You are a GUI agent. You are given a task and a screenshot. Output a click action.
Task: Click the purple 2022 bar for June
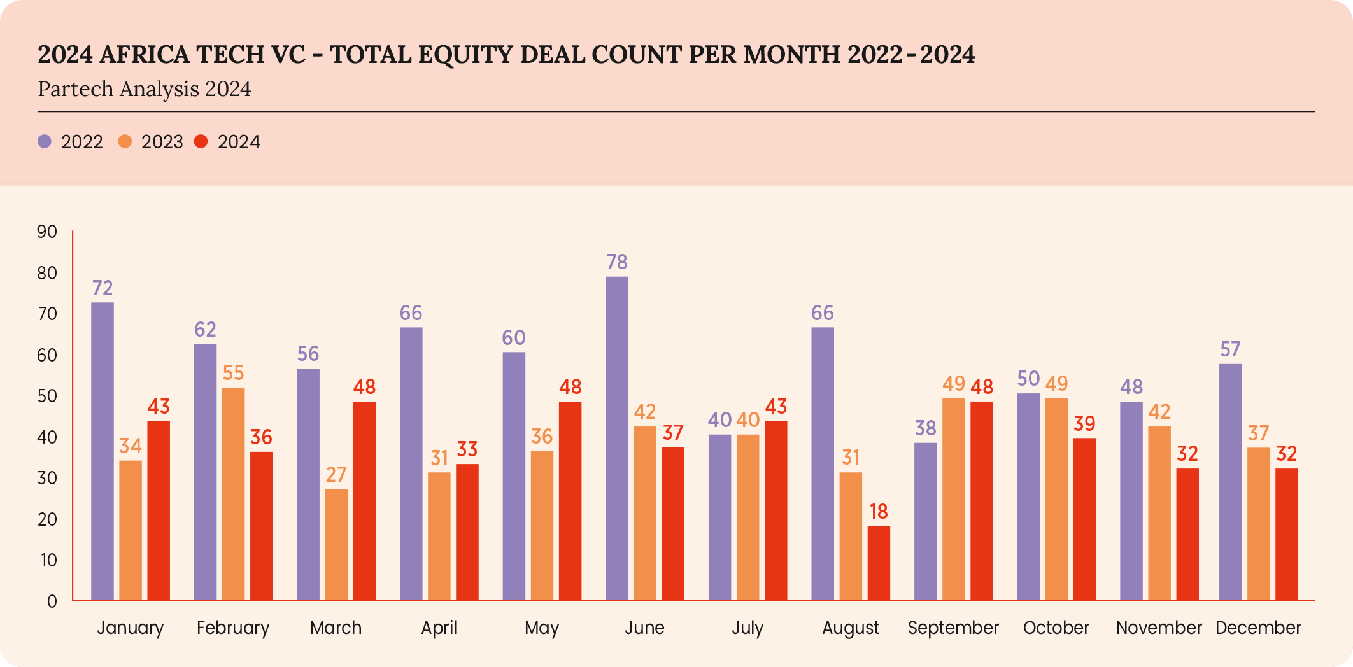[x=616, y=439]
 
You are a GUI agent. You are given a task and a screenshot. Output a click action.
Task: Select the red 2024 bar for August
[x=879, y=563]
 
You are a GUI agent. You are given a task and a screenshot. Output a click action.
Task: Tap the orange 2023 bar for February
[x=233, y=494]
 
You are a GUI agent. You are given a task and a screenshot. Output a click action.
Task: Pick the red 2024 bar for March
[x=364, y=501]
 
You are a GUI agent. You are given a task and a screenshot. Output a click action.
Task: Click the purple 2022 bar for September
[x=925, y=522]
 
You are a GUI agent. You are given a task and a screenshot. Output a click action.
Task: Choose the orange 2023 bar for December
[x=1258, y=524]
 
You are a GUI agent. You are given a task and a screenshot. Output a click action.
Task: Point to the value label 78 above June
[x=617, y=262]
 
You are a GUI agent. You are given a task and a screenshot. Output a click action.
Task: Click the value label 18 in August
[x=879, y=512]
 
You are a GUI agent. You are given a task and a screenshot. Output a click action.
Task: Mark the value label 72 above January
[x=103, y=288]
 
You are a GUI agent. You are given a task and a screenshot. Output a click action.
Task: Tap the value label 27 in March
[x=336, y=475]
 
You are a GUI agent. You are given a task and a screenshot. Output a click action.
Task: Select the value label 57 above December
[x=1230, y=349]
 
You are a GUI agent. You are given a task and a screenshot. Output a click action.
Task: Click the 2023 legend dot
[x=125, y=141]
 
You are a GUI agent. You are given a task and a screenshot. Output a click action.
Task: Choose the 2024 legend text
[x=239, y=142]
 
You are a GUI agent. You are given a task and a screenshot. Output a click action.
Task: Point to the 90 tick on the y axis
[x=47, y=232]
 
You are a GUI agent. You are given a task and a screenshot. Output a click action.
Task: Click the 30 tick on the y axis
[x=47, y=478]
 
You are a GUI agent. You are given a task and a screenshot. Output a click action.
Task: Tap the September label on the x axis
[x=953, y=628]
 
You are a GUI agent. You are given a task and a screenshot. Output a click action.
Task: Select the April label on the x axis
[x=439, y=628]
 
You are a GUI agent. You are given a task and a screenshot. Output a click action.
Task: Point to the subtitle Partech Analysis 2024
[x=145, y=89]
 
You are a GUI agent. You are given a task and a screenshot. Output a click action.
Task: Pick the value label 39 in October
[x=1084, y=424]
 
